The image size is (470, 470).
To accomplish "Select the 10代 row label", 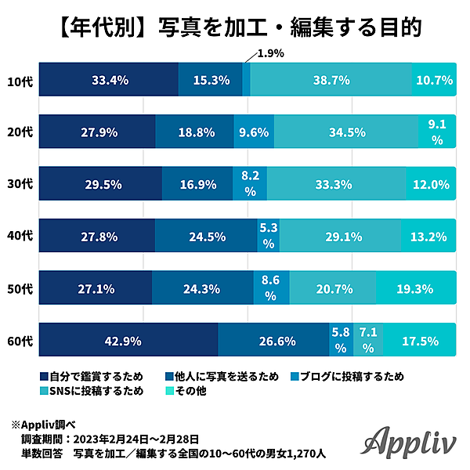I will tap(20, 81).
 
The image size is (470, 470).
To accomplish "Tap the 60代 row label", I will tap(20, 341).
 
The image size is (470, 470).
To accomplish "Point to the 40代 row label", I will tap(20, 237).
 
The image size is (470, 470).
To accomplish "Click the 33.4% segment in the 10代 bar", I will tap(109, 80).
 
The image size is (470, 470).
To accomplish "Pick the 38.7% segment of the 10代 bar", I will tap(331, 80).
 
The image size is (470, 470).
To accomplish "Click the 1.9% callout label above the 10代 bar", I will tap(270, 53).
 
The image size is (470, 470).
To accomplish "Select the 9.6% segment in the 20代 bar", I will tap(254, 132).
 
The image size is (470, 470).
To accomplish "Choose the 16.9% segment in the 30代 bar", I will tap(197, 184).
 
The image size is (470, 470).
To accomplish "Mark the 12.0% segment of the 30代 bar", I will tap(430, 184).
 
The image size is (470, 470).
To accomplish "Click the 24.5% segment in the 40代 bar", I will tap(206, 236).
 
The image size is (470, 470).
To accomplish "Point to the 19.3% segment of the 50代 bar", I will tap(415, 287).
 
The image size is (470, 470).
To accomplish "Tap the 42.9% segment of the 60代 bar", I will tap(128, 340).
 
